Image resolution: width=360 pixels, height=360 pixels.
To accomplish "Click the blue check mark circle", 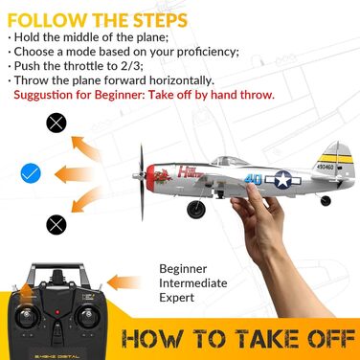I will pos(33,174).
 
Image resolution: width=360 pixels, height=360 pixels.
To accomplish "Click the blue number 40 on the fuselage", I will pos(252,177).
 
